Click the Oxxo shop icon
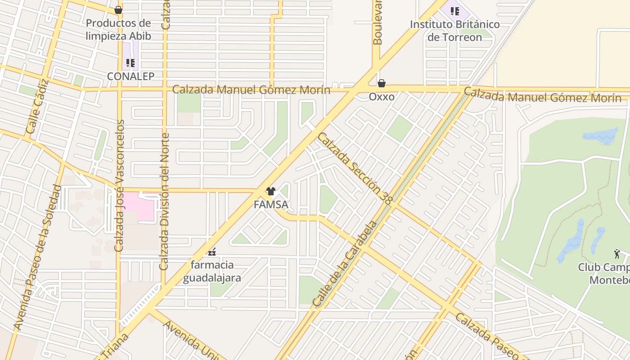point(382,83)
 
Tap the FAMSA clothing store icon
point(270,191)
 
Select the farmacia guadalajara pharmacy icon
point(212,252)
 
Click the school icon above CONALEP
point(130,63)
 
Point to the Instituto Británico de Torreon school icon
point(455,10)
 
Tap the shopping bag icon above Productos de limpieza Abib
point(118,9)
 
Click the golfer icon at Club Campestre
point(617,254)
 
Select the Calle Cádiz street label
point(37,106)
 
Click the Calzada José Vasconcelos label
point(119,185)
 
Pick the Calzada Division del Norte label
point(165,201)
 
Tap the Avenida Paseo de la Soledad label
point(38,256)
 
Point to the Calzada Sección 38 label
point(355,168)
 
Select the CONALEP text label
point(130,76)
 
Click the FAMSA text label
point(270,205)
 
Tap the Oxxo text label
point(382,97)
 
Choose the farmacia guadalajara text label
point(212,271)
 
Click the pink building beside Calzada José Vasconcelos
point(139,207)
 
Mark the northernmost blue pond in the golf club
point(601,135)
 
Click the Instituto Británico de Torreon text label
point(454,31)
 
